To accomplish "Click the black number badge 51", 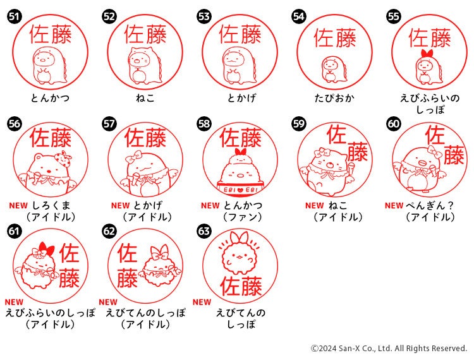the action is (14, 16).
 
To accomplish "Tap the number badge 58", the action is (204, 124).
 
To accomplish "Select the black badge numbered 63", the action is (204, 231).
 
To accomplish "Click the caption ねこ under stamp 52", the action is (145, 98).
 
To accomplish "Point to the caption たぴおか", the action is (334, 98).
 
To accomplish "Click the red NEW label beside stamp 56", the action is (18, 206).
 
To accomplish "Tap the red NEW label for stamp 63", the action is (202, 302).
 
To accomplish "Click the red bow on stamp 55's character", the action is (427, 54).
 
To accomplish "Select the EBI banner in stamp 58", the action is (240, 189).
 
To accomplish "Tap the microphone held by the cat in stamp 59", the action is (351, 169).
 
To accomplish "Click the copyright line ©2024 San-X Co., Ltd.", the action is (389, 349).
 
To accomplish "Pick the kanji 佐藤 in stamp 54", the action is (334, 39).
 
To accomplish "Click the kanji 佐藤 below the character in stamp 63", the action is (241, 286).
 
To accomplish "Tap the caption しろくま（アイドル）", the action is (51, 212).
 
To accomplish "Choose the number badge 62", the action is (109, 231).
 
